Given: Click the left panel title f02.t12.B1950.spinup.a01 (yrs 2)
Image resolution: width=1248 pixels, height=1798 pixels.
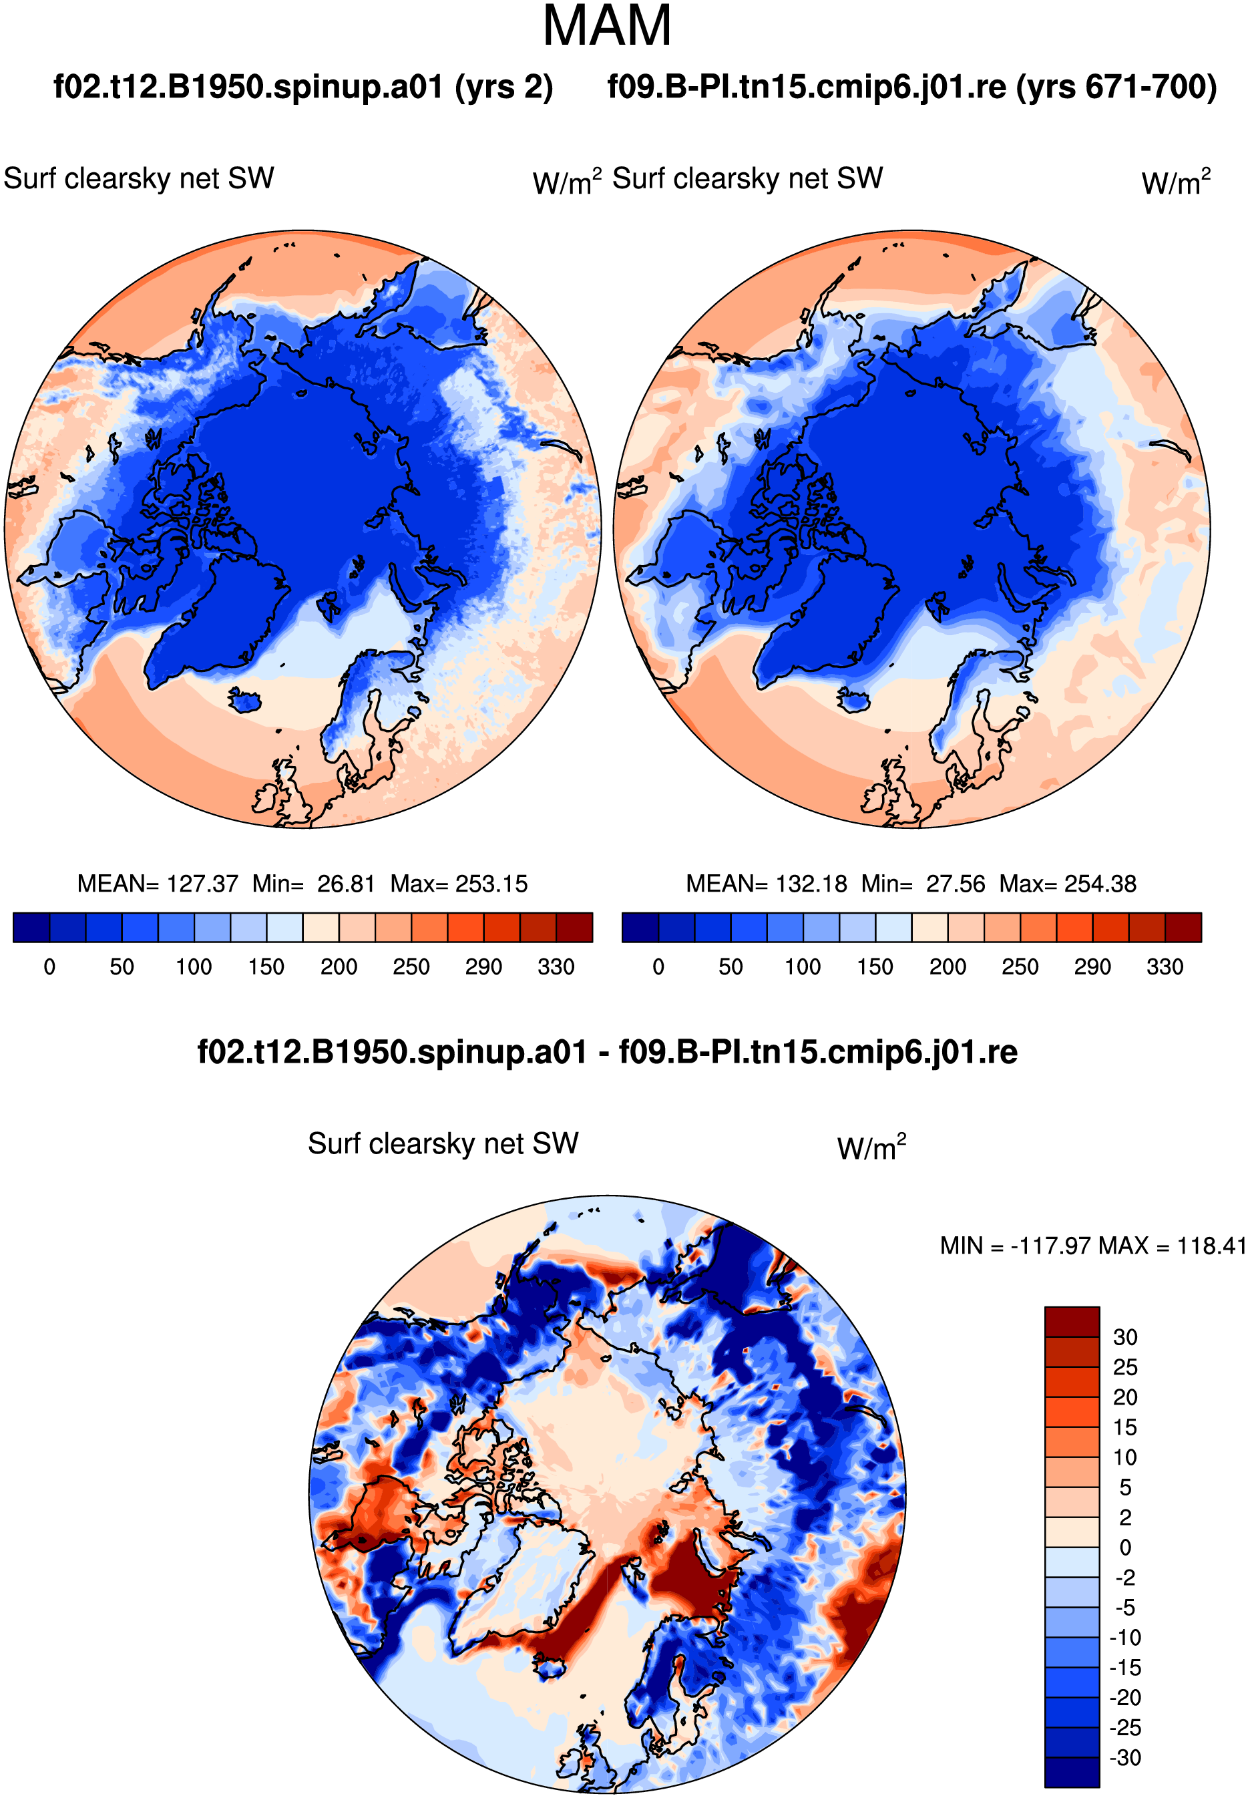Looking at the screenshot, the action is (302, 87).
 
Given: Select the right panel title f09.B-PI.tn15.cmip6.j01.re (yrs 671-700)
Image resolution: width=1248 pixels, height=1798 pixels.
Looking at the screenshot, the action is (911, 87).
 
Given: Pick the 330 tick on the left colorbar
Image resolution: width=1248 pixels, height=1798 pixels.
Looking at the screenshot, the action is (556, 966).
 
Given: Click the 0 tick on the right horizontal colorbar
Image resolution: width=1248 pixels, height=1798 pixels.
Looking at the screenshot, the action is (658, 966).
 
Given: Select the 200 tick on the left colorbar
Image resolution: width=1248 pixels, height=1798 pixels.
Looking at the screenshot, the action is (339, 966).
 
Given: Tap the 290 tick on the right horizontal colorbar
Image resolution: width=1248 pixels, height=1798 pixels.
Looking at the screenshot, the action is (1092, 966).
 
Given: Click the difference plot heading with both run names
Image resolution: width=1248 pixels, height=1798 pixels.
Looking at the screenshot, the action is (608, 1052).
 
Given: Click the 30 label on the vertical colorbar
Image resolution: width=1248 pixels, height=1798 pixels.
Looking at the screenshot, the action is (1124, 1336).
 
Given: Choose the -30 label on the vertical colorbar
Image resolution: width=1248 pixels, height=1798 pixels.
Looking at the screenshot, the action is (1125, 1757).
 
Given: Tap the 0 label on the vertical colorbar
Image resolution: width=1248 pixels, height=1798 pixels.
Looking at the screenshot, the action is (1125, 1547).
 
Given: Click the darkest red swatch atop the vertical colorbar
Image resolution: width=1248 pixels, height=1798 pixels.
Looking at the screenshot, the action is (1072, 1321).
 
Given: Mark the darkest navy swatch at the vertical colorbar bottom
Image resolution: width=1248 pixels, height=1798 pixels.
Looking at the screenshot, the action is (1072, 1772).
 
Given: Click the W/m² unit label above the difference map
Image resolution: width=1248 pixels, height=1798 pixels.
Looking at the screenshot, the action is (871, 1147).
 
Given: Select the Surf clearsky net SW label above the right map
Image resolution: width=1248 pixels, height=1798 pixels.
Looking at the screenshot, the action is (748, 178).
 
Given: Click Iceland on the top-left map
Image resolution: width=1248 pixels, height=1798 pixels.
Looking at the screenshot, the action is (245, 699).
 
